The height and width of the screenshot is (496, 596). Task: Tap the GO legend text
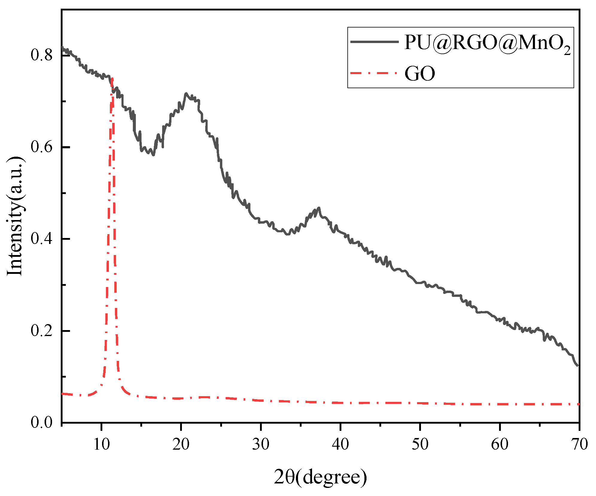click(419, 74)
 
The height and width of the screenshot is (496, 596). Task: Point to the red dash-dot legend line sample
click(374, 73)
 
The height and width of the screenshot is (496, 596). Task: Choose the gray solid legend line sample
click(374, 42)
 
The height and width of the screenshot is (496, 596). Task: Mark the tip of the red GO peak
click(112, 78)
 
